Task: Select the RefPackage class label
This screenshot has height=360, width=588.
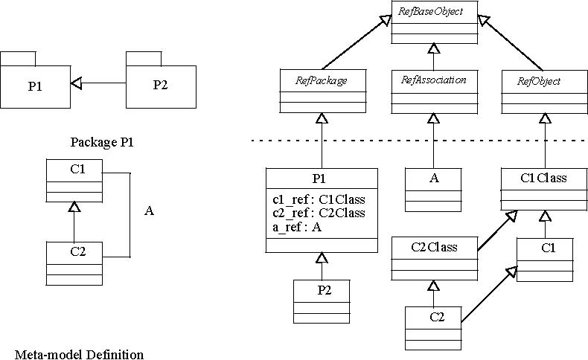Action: [x=322, y=80]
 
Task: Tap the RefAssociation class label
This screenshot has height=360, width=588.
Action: [x=433, y=80]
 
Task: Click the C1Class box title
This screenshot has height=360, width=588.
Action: [x=543, y=179]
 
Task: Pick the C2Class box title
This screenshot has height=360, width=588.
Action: [x=434, y=246]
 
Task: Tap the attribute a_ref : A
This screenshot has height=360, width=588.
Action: [x=295, y=227]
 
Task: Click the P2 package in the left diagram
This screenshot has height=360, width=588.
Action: [x=160, y=84]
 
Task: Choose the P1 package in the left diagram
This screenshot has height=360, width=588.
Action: [x=35, y=84]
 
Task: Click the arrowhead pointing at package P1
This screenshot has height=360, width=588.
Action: [x=76, y=84]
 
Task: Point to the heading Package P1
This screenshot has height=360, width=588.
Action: [x=100, y=142]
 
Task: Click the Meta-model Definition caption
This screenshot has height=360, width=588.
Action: [x=79, y=354]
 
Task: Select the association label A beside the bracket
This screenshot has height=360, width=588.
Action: [x=149, y=211]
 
